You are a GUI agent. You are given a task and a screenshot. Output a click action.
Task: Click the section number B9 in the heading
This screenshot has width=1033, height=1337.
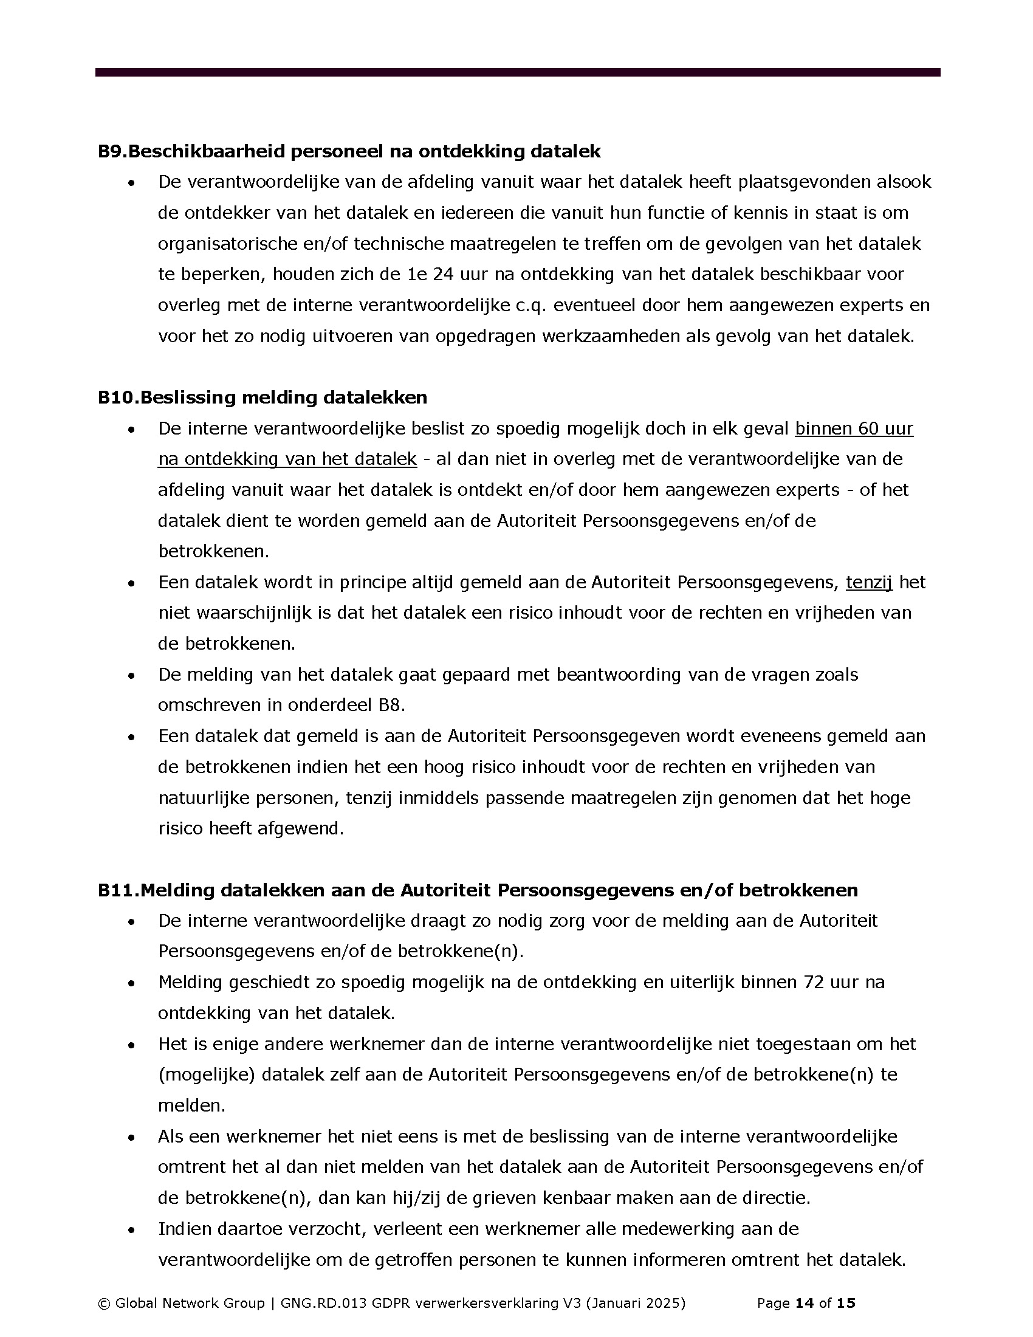(x=111, y=151)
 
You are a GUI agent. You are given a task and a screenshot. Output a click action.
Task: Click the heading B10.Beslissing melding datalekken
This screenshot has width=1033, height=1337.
(x=262, y=397)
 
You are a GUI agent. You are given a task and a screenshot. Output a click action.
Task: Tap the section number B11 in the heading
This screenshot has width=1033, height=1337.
(x=117, y=890)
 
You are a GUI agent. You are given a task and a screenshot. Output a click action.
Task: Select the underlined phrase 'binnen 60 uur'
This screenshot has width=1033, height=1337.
(x=854, y=428)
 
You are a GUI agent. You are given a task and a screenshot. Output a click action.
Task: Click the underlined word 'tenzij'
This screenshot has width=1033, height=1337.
(x=869, y=582)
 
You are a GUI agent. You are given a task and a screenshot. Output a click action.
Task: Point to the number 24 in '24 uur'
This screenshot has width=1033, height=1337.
(x=443, y=274)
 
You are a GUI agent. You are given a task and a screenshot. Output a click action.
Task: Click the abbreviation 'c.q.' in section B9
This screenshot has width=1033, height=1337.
(x=529, y=305)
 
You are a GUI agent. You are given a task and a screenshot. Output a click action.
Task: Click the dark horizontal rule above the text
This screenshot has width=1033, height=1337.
(x=517, y=72)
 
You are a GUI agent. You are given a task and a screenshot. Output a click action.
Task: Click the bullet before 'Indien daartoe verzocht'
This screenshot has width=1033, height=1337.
(x=131, y=1229)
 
